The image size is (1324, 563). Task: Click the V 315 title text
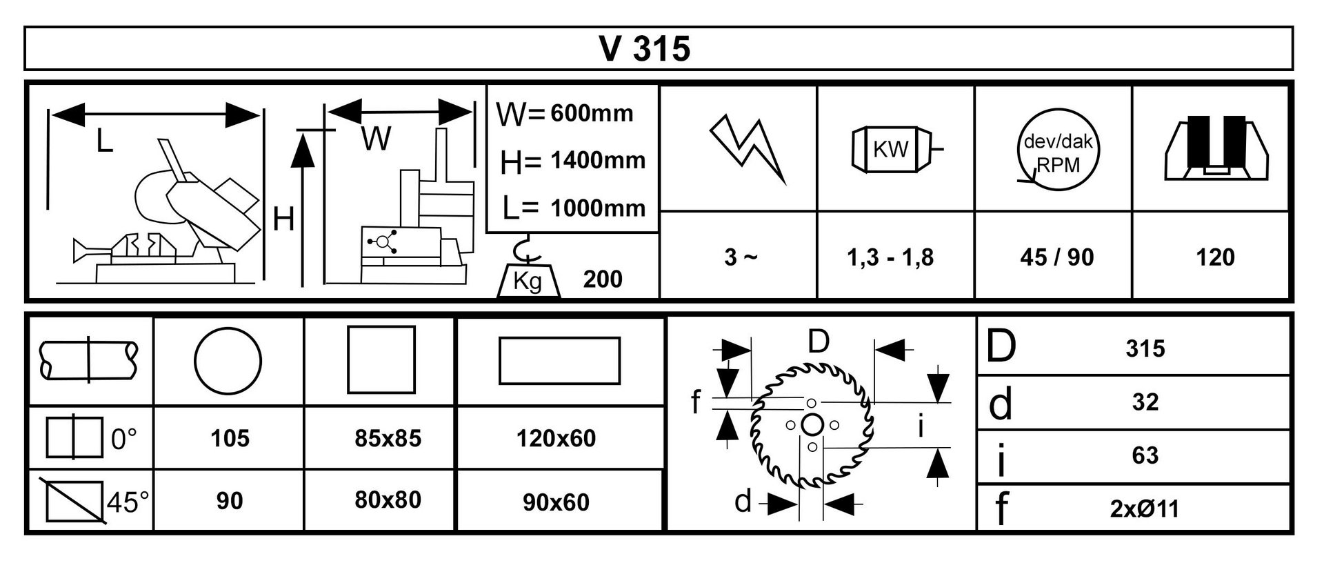pyautogui.click(x=645, y=48)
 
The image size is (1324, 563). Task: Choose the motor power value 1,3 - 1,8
pyautogui.click(x=890, y=257)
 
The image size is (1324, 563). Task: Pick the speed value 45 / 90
pyautogui.click(x=1056, y=257)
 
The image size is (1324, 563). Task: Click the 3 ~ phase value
pyautogui.click(x=741, y=257)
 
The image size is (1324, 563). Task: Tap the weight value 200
pyautogui.click(x=603, y=279)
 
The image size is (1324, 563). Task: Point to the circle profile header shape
pyautogui.click(x=228, y=360)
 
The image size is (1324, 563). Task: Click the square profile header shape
pyautogui.click(x=381, y=359)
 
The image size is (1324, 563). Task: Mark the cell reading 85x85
pyautogui.click(x=388, y=438)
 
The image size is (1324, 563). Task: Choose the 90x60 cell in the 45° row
pyautogui.click(x=556, y=502)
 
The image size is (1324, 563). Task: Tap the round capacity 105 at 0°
pyautogui.click(x=230, y=438)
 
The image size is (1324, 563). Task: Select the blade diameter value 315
pyautogui.click(x=1145, y=348)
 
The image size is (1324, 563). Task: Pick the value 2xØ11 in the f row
pyautogui.click(x=1145, y=509)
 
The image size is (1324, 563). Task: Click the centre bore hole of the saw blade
pyautogui.click(x=812, y=424)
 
